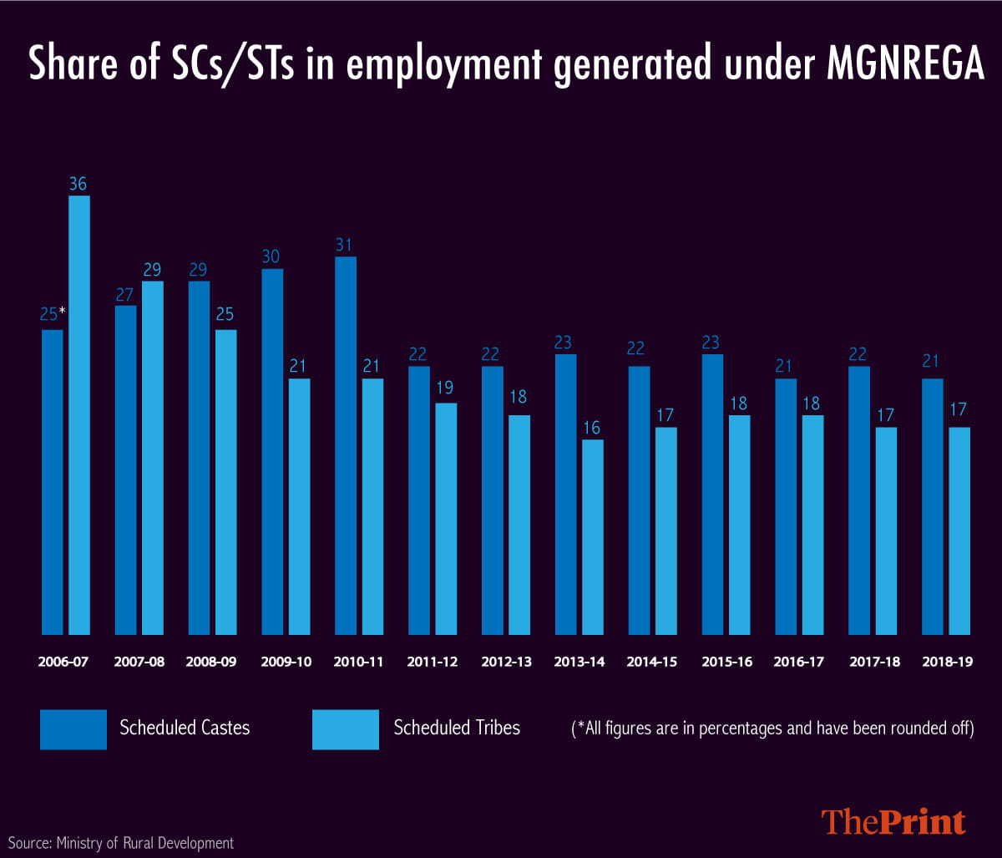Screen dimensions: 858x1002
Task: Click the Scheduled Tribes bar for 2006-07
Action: coord(79,415)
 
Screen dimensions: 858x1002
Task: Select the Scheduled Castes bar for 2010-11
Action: coord(346,445)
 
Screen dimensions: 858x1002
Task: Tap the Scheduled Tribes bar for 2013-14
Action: coord(593,537)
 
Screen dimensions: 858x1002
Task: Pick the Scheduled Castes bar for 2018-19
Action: coord(933,506)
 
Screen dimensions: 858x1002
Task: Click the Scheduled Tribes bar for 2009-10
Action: coord(300,506)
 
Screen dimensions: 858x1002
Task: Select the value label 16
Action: coord(593,429)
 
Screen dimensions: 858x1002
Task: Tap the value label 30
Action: coord(272,258)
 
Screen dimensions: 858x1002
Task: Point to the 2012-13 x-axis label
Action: coord(507,662)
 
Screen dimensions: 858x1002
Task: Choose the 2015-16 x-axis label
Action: coord(726,662)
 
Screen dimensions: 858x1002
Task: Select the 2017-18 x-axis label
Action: coord(873,662)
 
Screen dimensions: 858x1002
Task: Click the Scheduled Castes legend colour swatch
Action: coord(73,729)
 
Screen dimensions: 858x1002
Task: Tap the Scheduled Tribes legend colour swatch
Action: coord(346,729)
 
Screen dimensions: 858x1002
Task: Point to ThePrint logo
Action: coord(893,821)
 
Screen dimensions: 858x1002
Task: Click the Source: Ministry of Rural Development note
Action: coord(121,843)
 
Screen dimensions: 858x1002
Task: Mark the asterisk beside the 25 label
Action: coord(63,312)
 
